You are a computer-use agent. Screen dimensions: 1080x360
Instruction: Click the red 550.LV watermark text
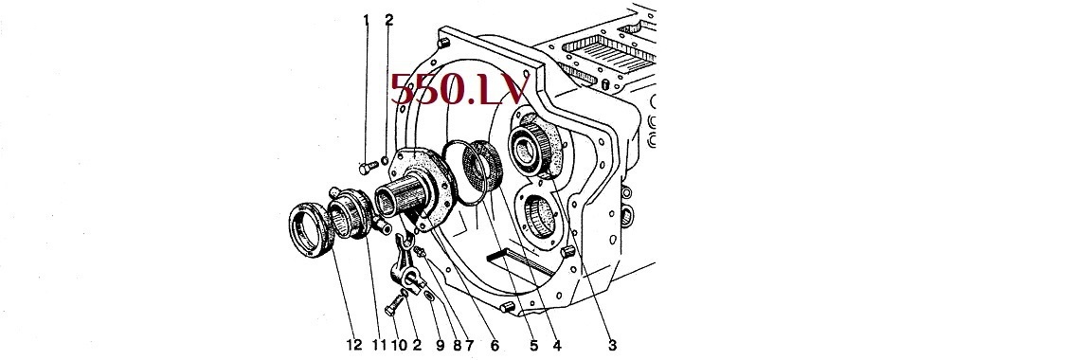click(460, 91)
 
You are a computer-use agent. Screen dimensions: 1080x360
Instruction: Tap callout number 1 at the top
click(367, 20)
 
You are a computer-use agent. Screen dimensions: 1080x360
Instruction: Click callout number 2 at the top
click(388, 20)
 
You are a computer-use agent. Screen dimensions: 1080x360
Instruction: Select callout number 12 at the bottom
click(354, 345)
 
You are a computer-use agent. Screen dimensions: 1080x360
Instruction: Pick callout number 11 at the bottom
click(379, 345)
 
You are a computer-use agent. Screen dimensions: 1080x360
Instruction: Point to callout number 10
click(399, 345)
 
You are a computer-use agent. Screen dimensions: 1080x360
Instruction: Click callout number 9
click(441, 345)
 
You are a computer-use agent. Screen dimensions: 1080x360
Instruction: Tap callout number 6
click(494, 345)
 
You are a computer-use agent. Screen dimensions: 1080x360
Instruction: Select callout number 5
click(532, 345)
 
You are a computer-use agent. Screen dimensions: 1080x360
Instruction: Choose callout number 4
click(556, 345)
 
